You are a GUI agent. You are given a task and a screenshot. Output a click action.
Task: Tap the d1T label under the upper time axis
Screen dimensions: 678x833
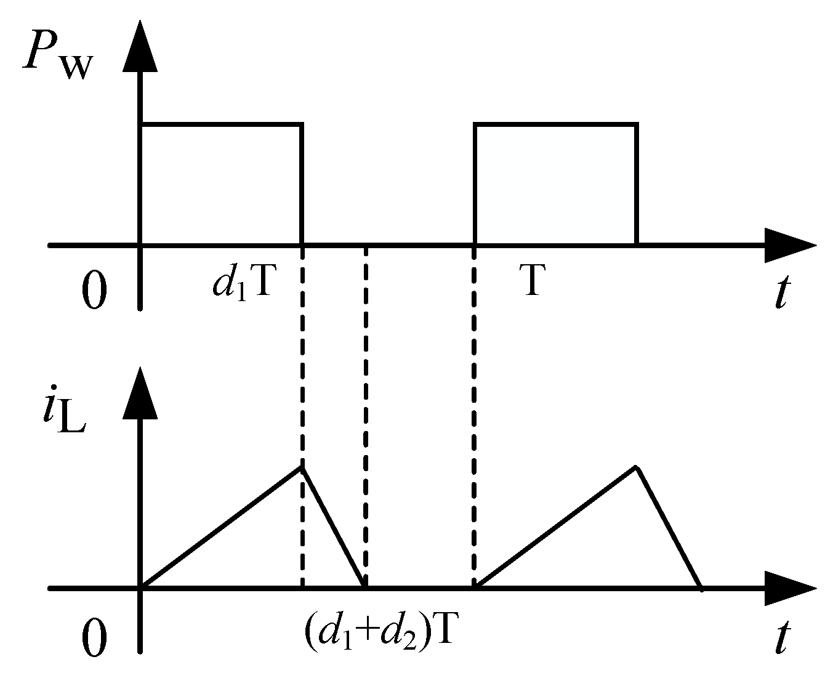(241, 285)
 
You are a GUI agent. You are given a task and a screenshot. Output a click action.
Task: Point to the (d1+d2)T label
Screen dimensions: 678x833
(378, 631)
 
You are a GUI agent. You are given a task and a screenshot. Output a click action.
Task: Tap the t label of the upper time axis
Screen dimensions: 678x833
(781, 292)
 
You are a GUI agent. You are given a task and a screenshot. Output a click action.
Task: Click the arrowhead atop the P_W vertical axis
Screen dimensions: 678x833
(142, 43)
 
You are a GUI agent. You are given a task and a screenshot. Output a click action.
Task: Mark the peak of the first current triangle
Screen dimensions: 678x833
(302, 467)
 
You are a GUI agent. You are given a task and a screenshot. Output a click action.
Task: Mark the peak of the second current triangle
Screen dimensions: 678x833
(636, 467)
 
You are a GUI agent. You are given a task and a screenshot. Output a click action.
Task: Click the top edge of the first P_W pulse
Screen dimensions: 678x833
(222, 125)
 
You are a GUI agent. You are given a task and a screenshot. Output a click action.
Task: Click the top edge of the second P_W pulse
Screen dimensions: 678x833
(555, 125)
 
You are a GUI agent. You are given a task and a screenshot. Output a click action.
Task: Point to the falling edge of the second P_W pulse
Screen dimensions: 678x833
(637, 185)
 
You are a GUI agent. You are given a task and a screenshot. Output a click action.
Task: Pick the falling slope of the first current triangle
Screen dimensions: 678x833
(334, 527)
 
